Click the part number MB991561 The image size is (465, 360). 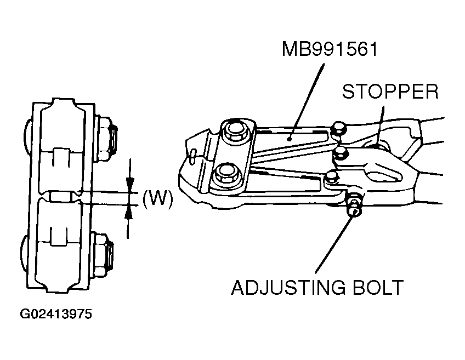tap(330, 50)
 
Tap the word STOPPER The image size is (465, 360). tap(390, 91)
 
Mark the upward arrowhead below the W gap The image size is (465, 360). tap(129, 210)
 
